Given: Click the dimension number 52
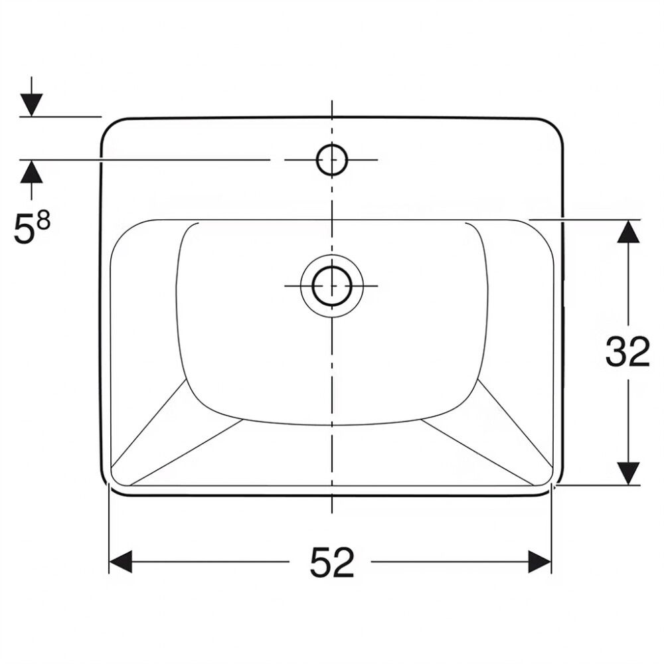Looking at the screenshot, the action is [332, 562].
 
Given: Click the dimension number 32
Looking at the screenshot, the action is [627, 351].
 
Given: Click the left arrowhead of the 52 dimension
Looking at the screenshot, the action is [121, 562].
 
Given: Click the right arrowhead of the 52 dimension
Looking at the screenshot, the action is [539, 562].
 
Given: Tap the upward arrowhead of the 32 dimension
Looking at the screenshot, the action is [628, 232].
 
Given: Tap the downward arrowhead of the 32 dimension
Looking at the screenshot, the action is [628, 473].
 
